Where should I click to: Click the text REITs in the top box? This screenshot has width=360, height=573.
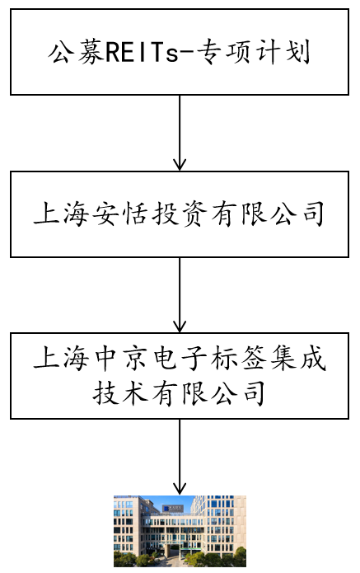click(x=142, y=53)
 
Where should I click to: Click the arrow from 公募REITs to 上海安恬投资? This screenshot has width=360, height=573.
click(x=180, y=133)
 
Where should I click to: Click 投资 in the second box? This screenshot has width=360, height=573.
click(x=180, y=214)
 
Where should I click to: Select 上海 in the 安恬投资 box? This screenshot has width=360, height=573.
click(x=61, y=214)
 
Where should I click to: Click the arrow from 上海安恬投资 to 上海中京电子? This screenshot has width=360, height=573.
click(x=180, y=295)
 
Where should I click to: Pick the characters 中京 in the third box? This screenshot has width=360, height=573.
click(x=120, y=358)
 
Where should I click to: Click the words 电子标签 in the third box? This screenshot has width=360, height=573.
click(x=209, y=358)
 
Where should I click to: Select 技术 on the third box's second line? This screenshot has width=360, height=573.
click(x=120, y=393)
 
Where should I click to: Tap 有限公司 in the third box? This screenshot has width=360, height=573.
click(x=209, y=393)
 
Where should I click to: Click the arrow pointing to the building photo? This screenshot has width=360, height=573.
click(x=180, y=457)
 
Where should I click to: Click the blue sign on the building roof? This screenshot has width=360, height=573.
click(x=173, y=509)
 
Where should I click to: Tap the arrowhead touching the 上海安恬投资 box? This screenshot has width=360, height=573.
click(x=180, y=164)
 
